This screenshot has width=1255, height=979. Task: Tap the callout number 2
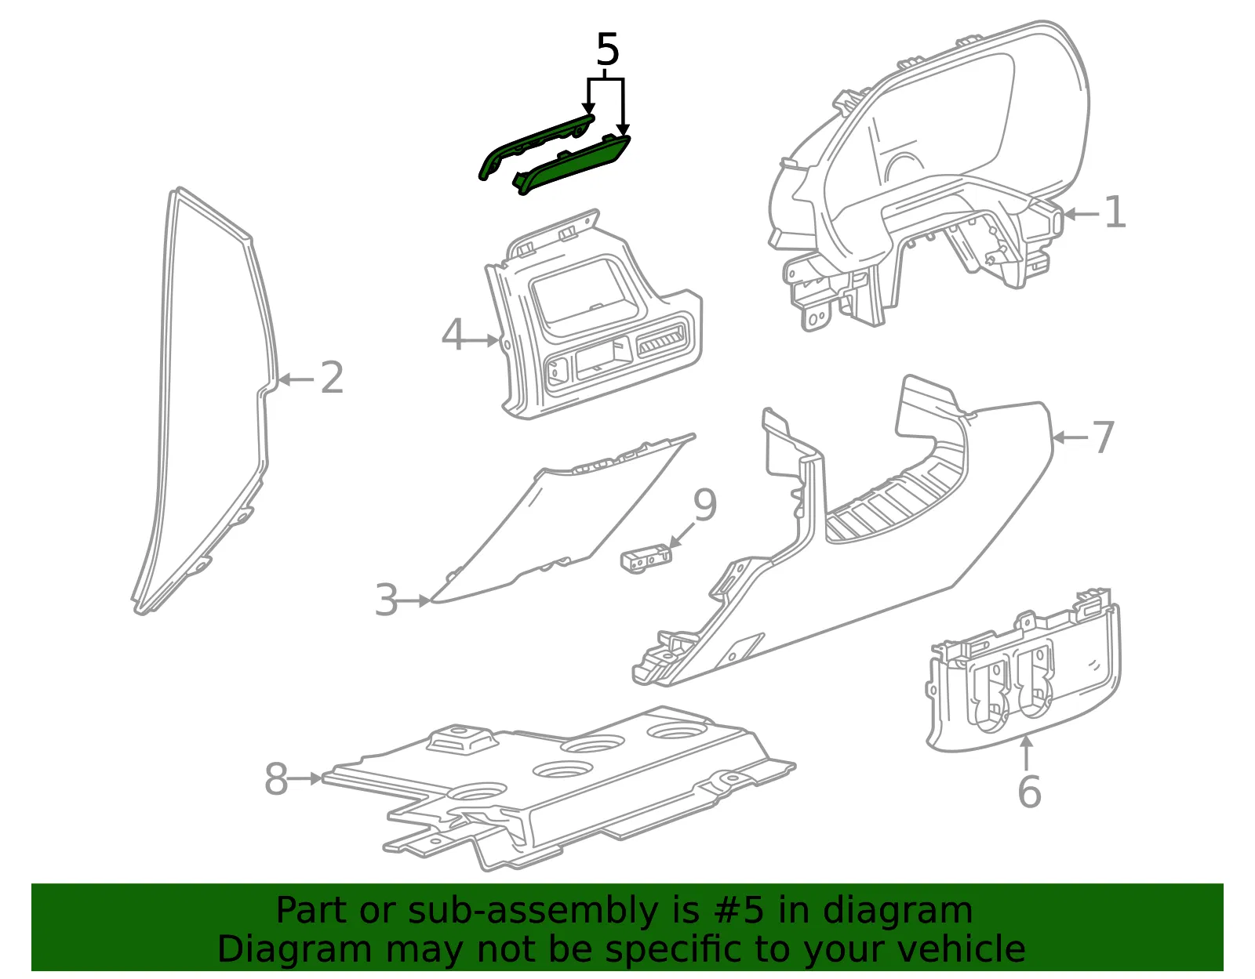(332, 378)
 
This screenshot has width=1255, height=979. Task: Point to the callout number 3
(387, 600)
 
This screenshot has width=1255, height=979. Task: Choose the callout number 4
(453, 335)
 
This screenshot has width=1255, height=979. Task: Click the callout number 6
(1029, 792)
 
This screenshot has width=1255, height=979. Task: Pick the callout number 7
(1103, 437)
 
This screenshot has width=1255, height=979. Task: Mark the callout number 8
(276, 778)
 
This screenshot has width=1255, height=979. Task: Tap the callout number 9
(705, 505)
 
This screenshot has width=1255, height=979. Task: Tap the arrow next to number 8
(304, 778)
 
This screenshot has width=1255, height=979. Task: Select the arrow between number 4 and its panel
(482, 340)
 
